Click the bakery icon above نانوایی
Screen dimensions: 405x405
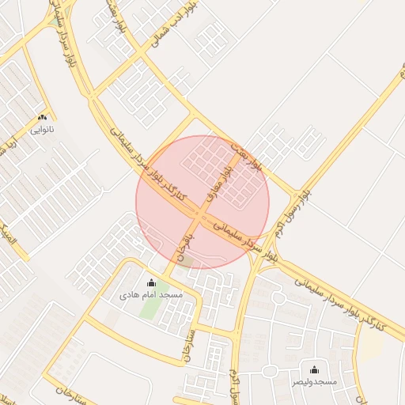[x=41, y=116]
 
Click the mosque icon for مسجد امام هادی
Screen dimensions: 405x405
[x=151, y=282]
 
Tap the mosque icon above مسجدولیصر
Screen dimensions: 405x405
[x=314, y=369]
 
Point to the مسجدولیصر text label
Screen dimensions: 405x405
[x=314, y=381]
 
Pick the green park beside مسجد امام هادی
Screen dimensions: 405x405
[x=148, y=307]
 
